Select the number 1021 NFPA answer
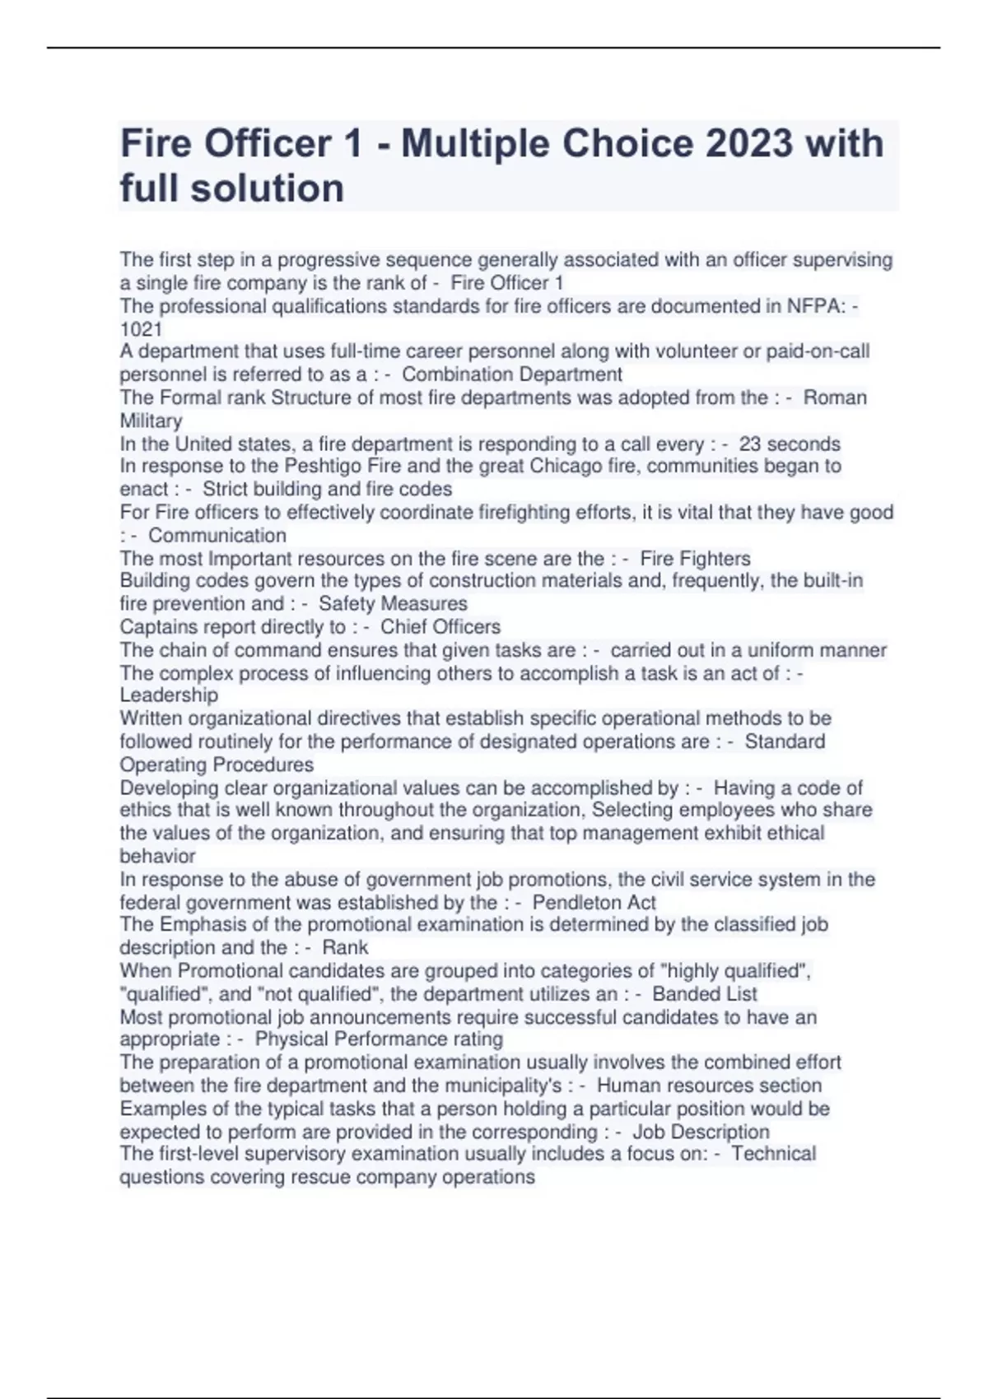click(x=141, y=329)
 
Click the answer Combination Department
click(x=511, y=374)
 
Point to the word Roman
click(x=835, y=397)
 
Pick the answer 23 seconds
click(x=789, y=444)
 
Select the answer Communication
click(x=217, y=536)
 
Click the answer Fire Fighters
click(x=695, y=559)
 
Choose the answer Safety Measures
click(x=393, y=604)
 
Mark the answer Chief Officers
click(x=440, y=627)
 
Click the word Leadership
click(x=169, y=695)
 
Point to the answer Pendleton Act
click(x=594, y=903)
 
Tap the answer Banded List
click(x=704, y=994)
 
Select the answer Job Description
click(x=701, y=1132)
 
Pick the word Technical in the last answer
click(x=773, y=1154)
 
